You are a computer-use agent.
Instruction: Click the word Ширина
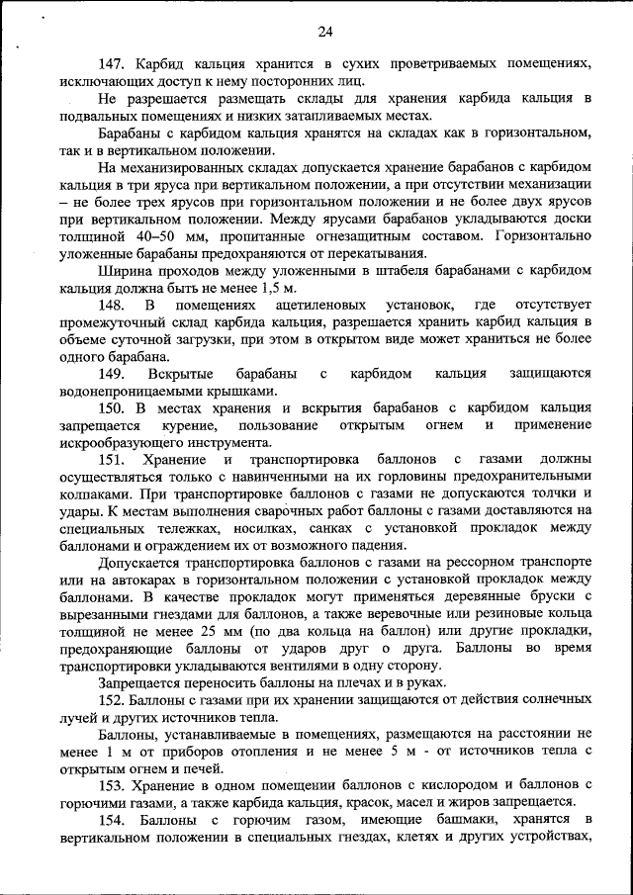tap(126, 270)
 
